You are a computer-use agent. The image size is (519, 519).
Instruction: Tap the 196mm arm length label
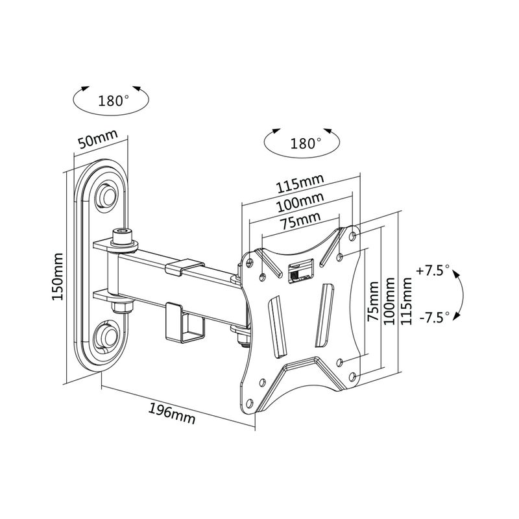[172, 412]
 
